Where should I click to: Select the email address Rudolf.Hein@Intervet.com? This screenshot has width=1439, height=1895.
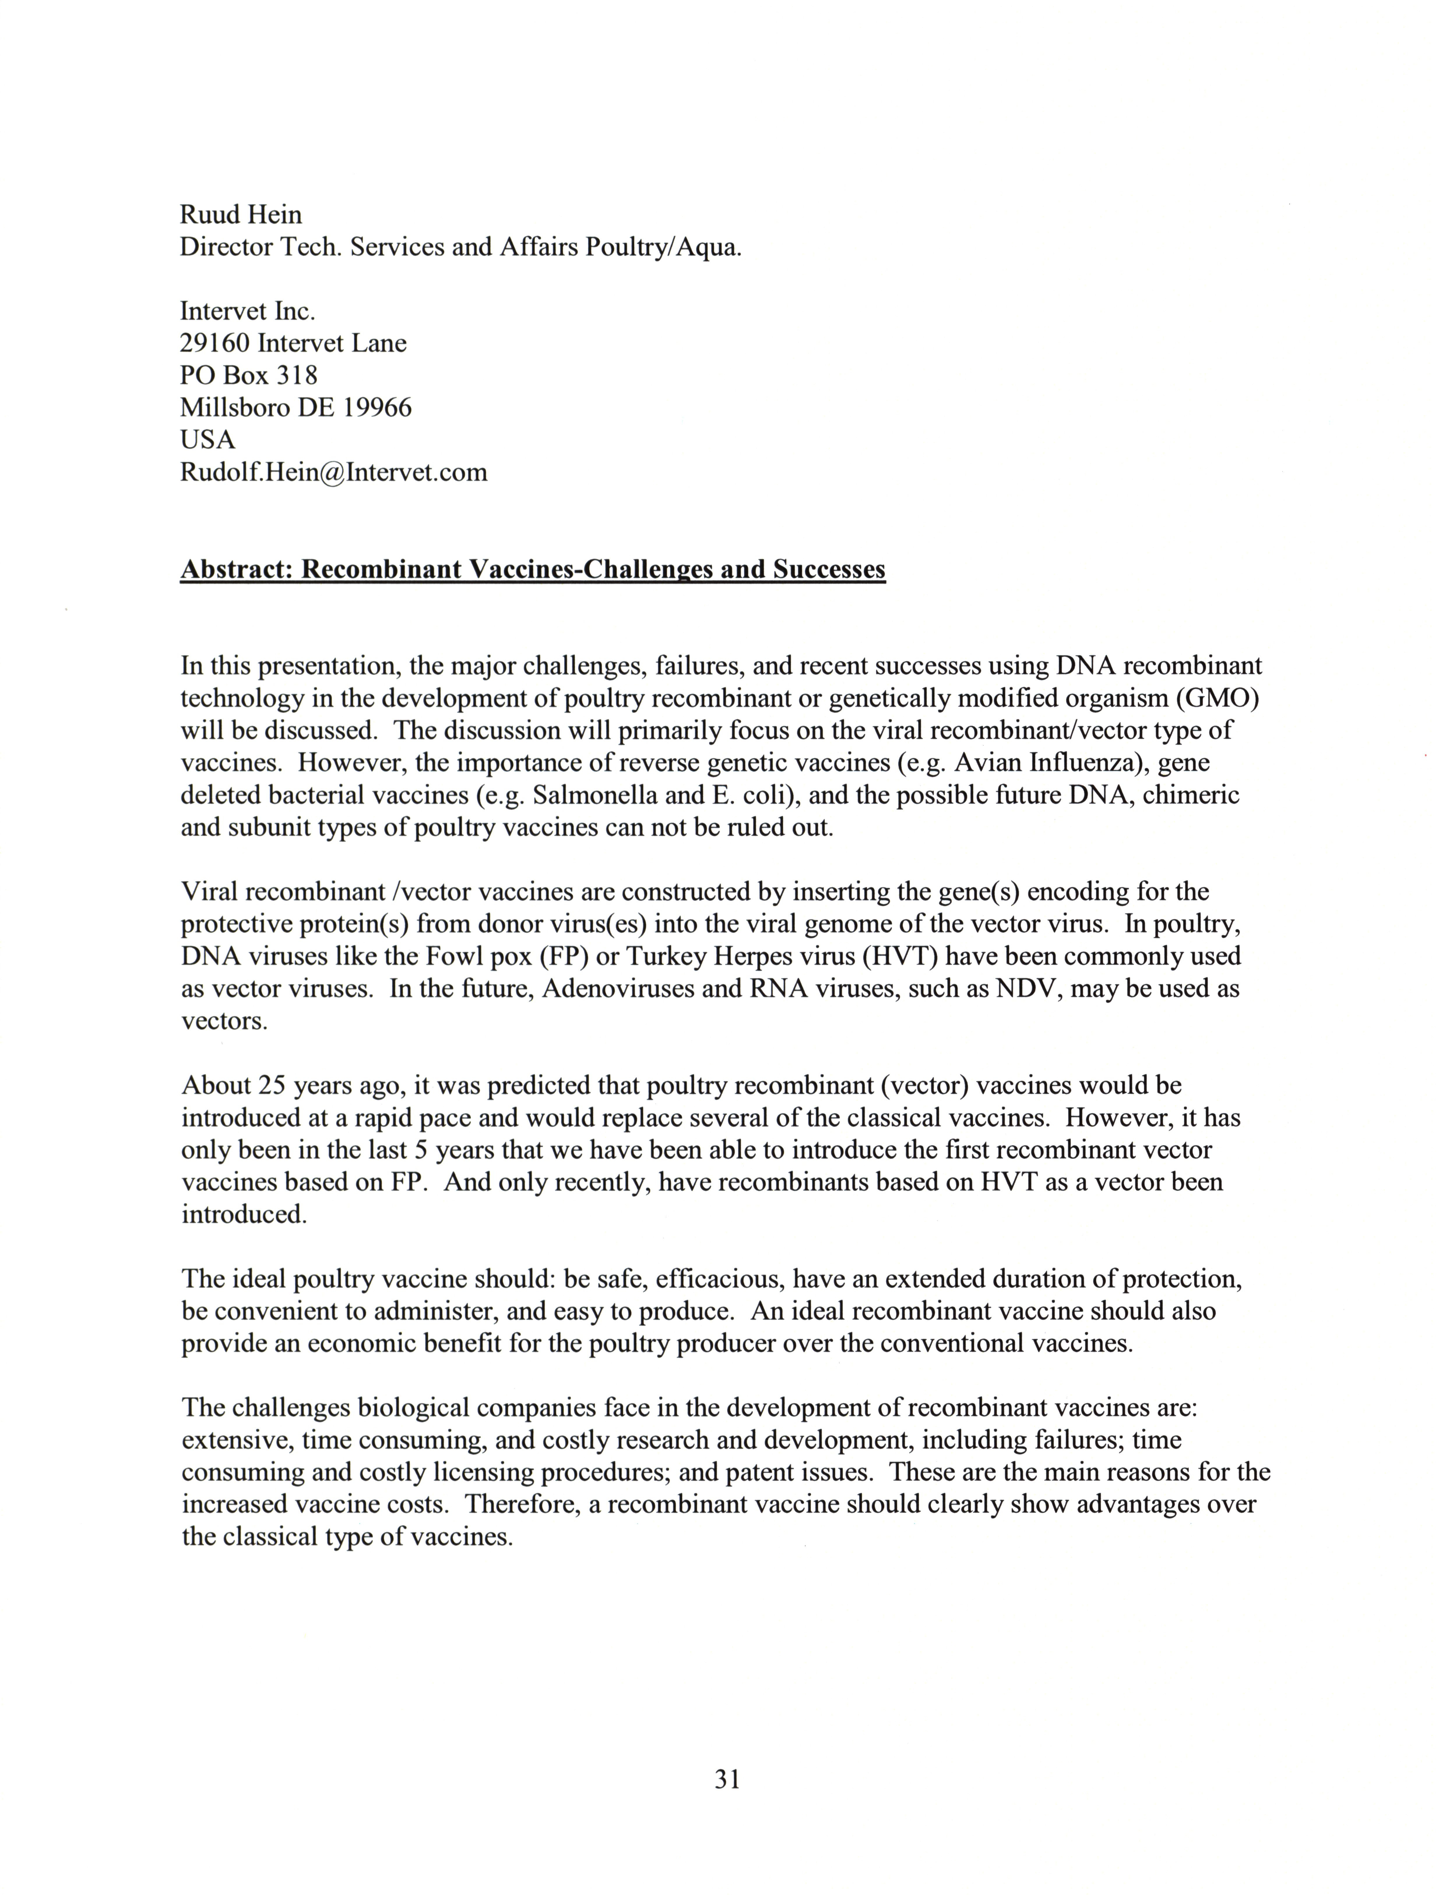click(333, 472)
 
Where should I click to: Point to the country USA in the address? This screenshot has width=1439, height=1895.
click(207, 440)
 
